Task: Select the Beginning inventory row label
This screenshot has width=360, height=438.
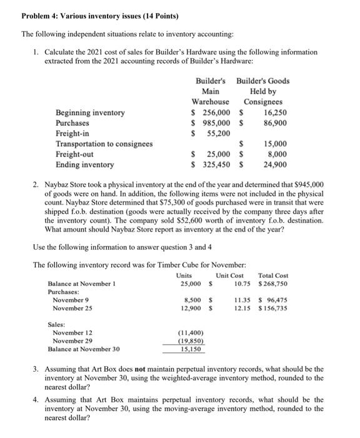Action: [90, 113]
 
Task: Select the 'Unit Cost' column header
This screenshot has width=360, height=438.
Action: [229, 275]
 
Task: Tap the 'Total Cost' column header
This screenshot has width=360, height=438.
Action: [272, 275]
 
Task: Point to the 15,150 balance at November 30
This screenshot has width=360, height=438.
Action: [189, 349]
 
